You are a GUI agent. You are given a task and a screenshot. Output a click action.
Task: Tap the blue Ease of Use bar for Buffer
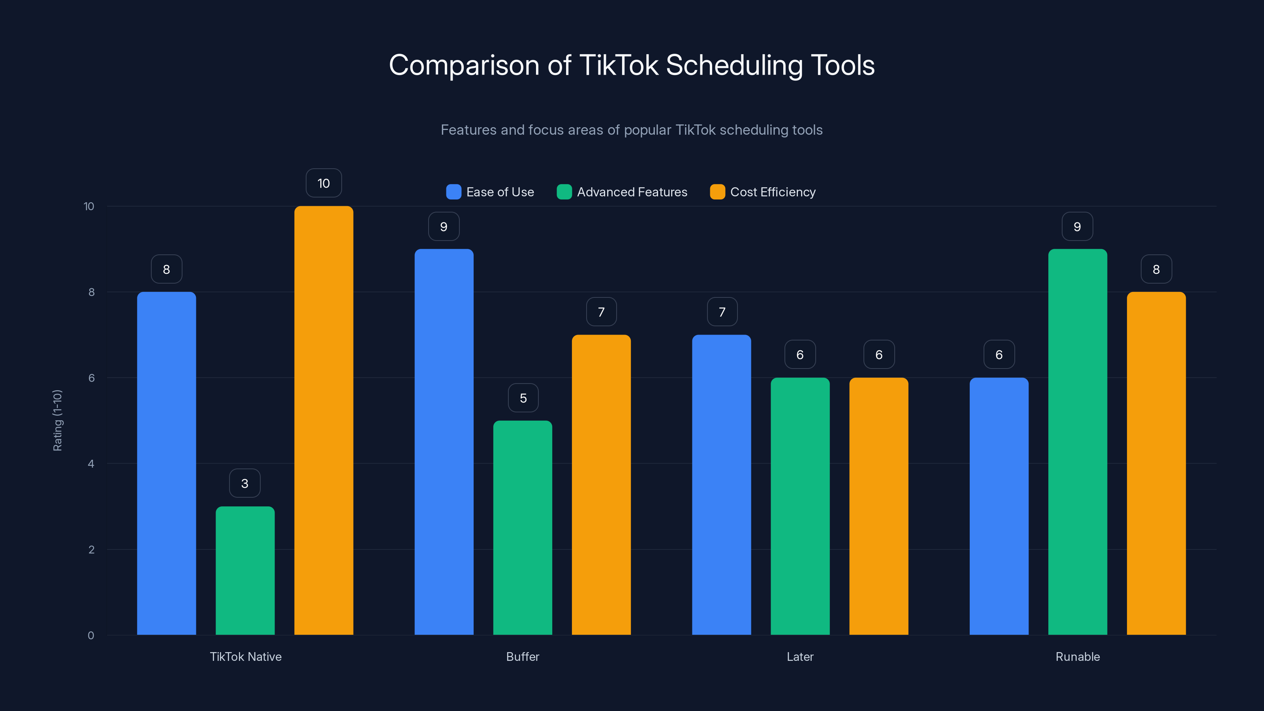pyautogui.click(x=444, y=442)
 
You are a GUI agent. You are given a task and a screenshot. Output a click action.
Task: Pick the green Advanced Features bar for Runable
pyautogui.click(x=1077, y=442)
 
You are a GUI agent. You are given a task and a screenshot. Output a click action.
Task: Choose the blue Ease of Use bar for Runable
pyautogui.click(x=999, y=506)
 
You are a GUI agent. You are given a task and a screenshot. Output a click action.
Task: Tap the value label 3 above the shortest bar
pyautogui.click(x=245, y=484)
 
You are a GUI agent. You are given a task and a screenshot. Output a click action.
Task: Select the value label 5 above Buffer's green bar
pyautogui.click(x=523, y=398)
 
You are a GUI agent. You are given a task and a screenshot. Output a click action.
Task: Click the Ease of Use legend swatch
pyautogui.click(x=453, y=192)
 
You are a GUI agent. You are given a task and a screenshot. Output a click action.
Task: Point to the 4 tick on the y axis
pyautogui.click(x=91, y=464)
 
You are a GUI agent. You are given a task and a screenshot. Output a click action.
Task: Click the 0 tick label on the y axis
pyautogui.click(x=91, y=636)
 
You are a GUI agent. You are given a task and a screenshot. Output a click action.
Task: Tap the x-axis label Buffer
pyautogui.click(x=523, y=656)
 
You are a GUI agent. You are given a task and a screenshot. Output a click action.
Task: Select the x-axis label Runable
pyautogui.click(x=1078, y=656)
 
